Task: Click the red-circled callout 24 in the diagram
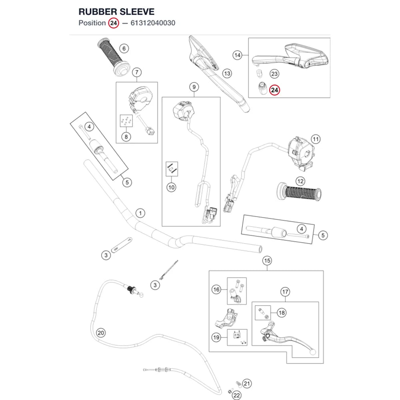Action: tap(274, 90)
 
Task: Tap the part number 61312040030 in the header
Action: tap(153, 23)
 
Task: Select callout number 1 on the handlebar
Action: tap(140, 213)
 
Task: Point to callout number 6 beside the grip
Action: tap(124, 48)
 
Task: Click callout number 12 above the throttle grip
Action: tap(300, 181)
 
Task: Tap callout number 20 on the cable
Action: tap(101, 333)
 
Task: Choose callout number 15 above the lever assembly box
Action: tap(267, 261)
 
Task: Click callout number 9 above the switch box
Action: tap(194, 87)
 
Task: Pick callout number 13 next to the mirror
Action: tap(227, 74)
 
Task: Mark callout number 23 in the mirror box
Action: tap(274, 74)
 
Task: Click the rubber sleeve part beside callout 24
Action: tap(262, 88)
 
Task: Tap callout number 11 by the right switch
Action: tap(316, 139)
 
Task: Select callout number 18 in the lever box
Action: tap(282, 313)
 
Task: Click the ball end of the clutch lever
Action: tap(312, 352)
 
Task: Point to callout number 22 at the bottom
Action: tap(237, 395)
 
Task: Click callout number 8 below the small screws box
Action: tap(126, 137)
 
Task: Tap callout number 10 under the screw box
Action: tap(171, 188)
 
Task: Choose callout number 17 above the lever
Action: tap(285, 292)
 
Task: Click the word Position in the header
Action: tap(92, 23)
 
